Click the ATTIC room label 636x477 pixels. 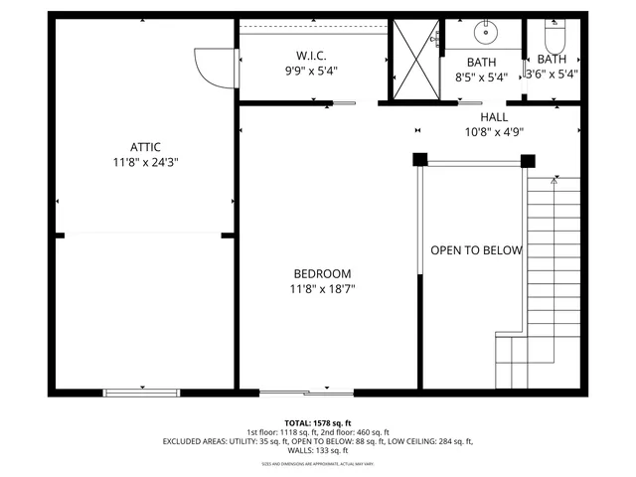144,146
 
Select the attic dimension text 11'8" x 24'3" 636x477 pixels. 144,162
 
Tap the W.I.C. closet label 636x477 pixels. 311,56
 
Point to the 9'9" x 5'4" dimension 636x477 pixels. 311,72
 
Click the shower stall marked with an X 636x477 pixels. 412,57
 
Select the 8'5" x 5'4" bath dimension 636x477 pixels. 481,77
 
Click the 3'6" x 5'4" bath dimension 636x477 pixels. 552,74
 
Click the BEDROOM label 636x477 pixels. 322,274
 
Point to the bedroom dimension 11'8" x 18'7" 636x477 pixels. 322,290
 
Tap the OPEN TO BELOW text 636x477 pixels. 475,250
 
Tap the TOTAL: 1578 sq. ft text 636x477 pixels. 318,422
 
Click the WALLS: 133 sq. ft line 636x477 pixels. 318,450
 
